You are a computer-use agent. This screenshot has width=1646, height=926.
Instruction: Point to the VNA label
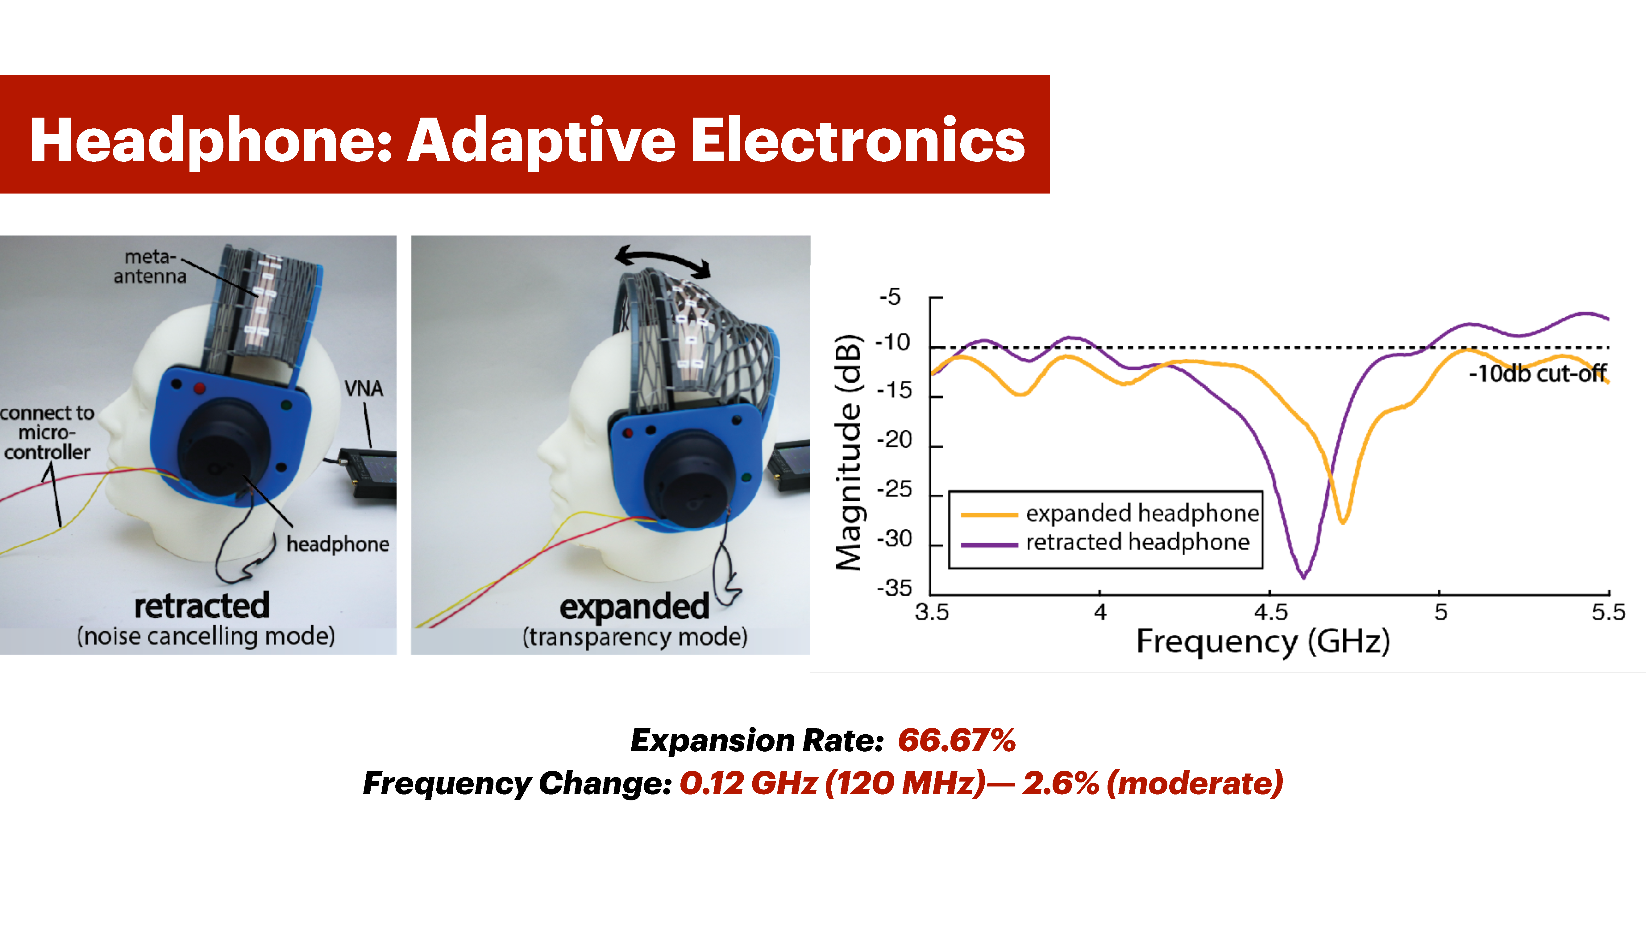tap(364, 388)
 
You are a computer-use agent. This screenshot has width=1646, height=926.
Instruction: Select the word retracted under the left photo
tap(202, 606)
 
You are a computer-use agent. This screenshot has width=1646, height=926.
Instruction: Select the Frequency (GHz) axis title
tap(1263, 641)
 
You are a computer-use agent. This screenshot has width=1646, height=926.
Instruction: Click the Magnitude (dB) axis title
tap(849, 453)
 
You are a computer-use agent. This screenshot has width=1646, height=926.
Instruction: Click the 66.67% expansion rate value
tap(957, 740)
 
